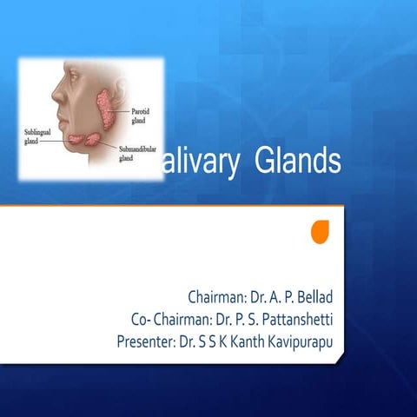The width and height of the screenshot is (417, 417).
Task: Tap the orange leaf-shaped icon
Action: (x=321, y=231)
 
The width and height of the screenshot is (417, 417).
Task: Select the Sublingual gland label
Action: (x=38, y=136)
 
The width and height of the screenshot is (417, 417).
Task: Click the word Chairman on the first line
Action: (x=216, y=295)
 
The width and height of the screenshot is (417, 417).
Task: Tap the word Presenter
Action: (x=145, y=341)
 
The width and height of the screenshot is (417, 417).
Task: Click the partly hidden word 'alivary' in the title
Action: (x=202, y=162)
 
